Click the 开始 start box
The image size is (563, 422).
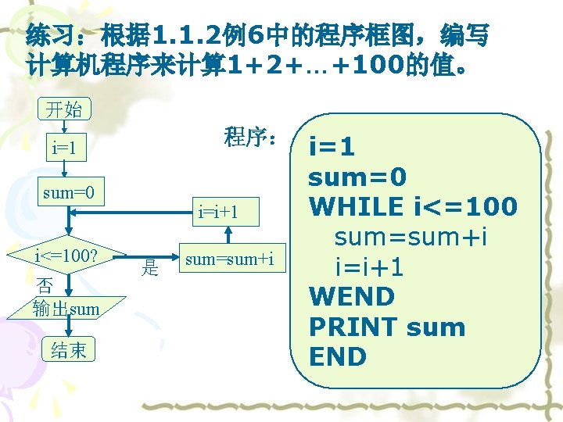click(x=65, y=109)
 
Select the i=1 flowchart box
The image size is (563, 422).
click(x=67, y=146)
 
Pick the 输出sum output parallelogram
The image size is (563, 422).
click(x=67, y=308)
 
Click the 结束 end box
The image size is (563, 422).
click(x=68, y=350)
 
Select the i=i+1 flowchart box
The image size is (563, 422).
click(x=218, y=210)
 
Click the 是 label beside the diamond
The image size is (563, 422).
click(x=149, y=269)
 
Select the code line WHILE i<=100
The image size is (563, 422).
click(x=413, y=206)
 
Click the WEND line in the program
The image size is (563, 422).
click(x=352, y=296)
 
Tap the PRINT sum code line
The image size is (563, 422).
click(x=387, y=327)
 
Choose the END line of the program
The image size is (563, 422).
click(x=338, y=356)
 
